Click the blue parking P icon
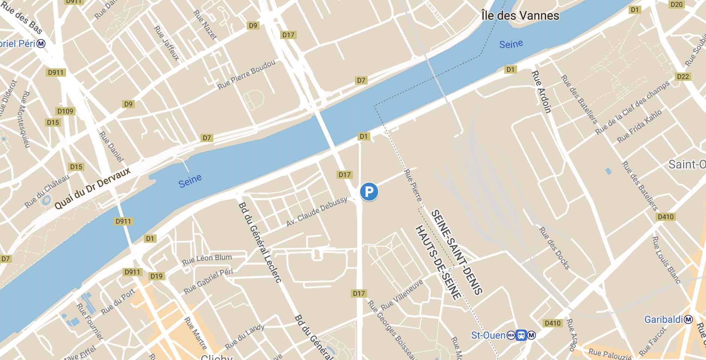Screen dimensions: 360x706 point(369,192)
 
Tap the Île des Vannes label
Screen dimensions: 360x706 point(520,15)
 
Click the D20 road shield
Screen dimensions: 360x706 point(676,5)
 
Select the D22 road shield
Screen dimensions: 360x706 point(683,77)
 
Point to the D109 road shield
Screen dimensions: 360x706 point(65,111)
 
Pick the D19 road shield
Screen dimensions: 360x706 point(156,276)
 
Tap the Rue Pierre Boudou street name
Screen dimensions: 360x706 point(246,75)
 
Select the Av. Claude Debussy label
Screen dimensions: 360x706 point(317,212)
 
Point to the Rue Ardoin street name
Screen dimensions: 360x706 point(541,92)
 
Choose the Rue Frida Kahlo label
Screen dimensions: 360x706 point(640,126)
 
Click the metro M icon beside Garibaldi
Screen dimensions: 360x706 point(688,319)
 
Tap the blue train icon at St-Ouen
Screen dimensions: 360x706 point(521,335)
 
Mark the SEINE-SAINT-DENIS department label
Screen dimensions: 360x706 point(456,252)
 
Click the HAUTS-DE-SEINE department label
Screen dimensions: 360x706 point(438,263)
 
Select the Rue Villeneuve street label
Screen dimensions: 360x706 point(402,295)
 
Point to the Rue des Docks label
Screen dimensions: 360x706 point(554,248)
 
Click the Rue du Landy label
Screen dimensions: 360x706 point(244,337)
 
